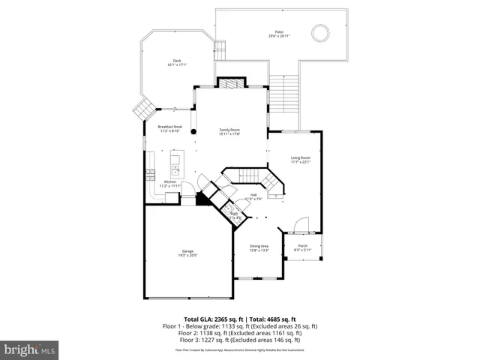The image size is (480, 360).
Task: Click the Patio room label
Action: tap(280, 34)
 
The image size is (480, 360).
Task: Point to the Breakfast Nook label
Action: tap(169, 128)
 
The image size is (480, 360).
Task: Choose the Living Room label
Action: tap(301, 160)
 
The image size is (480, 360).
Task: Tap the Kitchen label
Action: tap(170, 184)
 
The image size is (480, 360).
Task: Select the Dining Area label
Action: tap(259, 248)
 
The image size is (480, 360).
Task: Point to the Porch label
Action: tap(303, 247)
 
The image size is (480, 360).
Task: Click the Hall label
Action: tap(253, 197)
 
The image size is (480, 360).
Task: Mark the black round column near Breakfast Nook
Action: tap(193, 131)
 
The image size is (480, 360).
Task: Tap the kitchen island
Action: tap(175, 160)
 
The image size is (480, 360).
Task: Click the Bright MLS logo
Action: tap(30, 349)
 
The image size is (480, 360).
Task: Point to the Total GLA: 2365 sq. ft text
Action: tap(216, 319)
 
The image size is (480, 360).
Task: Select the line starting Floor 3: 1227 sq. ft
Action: tap(240, 340)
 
